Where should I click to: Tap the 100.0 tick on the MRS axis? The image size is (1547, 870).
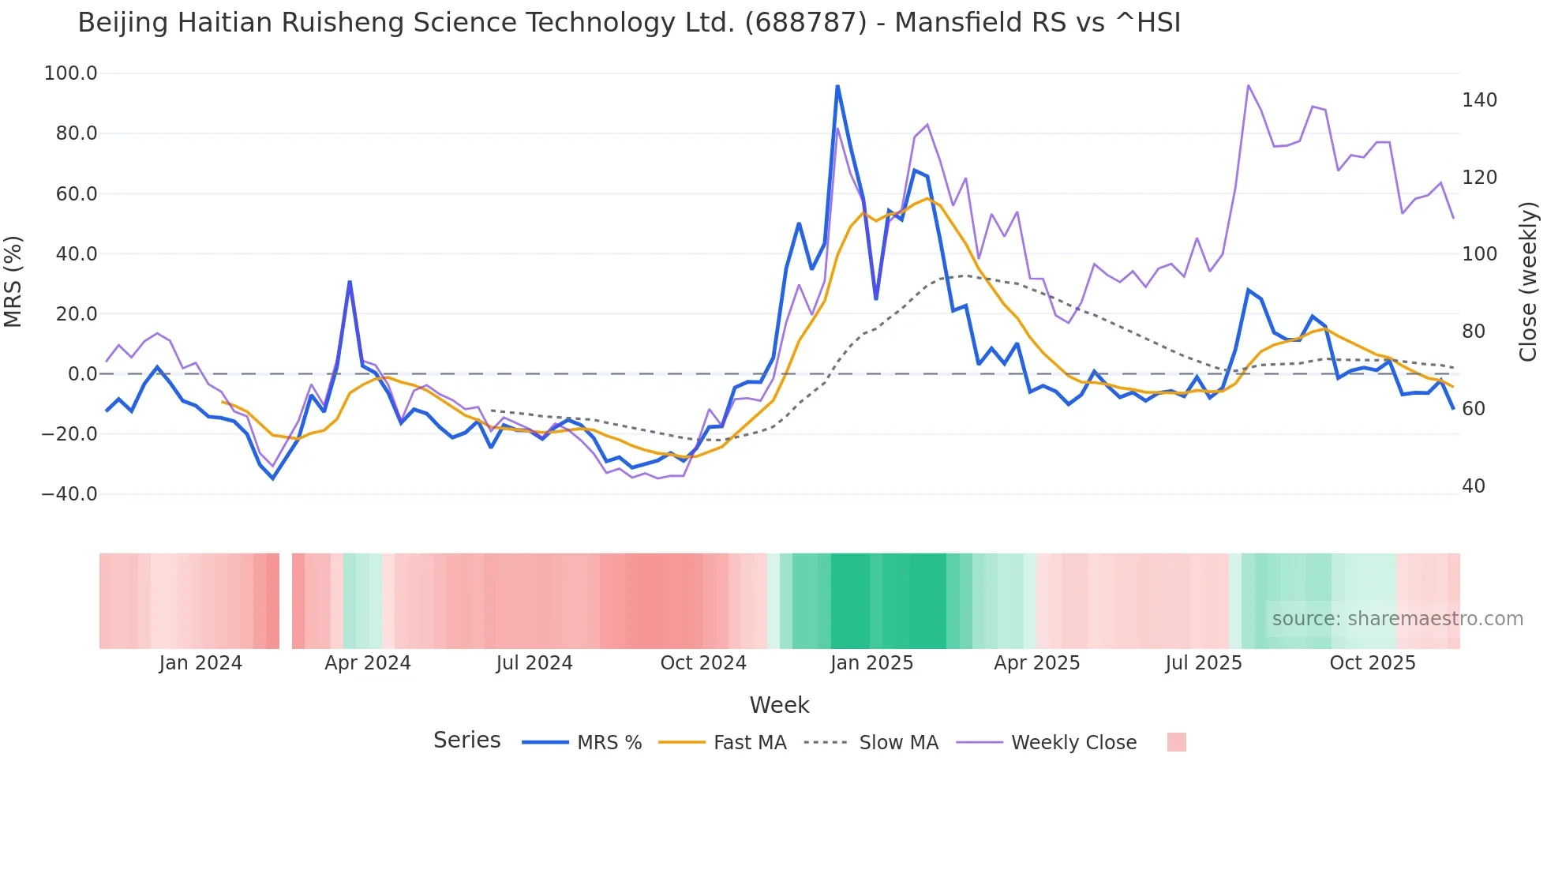click(71, 73)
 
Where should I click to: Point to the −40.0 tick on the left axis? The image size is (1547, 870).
click(69, 494)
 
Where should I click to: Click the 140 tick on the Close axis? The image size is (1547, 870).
click(1479, 100)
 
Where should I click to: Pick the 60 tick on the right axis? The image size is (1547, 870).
click(1474, 409)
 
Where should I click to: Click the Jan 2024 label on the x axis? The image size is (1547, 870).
click(200, 663)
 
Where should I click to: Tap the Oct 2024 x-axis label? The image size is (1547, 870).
click(703, 663)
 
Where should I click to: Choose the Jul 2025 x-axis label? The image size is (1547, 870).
click(1204, 663)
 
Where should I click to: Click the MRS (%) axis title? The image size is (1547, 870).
click(13, 281)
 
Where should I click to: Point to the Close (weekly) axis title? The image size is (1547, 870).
click(1529, 281)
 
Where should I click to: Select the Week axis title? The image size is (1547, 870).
click(779, 705)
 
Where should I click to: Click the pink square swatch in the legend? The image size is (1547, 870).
click(1176, 742)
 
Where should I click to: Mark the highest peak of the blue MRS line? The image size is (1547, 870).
click(837, 86)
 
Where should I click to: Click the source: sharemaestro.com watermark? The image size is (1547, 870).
click(1397, 619)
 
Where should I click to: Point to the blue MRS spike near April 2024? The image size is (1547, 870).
click(350, 282)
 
